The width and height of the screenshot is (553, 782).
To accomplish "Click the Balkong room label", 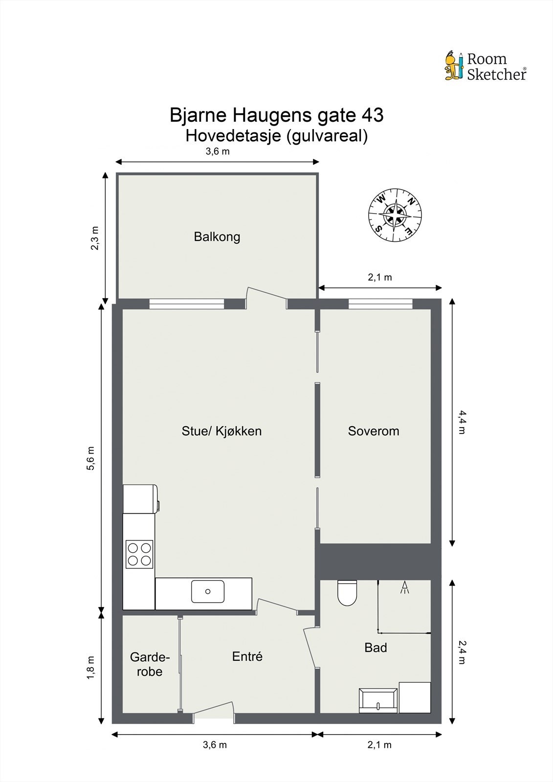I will coord(217,237).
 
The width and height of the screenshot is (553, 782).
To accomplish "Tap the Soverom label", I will coord(374,431).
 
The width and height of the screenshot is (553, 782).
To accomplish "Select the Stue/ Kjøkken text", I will coord(221,431).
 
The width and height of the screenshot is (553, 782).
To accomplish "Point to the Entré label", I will coord(247,656).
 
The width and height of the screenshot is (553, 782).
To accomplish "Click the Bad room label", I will coord(376,648).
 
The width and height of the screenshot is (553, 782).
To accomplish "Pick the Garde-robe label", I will coord(150,665).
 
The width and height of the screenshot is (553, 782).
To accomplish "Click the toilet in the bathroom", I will coord(347,592).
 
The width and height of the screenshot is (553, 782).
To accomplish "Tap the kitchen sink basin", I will coord(208,591).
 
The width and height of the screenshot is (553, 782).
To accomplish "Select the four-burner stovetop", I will coord(139,554).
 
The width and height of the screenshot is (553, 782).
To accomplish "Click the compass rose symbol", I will coord(395,216).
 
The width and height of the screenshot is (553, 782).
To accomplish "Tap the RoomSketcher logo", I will coord(486,66).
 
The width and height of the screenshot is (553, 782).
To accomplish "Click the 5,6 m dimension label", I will coord(91,458).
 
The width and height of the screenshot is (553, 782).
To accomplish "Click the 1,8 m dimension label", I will coord(91,667).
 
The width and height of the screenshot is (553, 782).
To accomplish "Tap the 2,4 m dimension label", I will coord(462,652).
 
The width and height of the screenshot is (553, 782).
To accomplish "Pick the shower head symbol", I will coord(404,587).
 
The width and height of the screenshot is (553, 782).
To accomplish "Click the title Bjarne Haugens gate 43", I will coord(276,115).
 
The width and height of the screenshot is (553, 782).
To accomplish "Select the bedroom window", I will coord(380,304).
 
